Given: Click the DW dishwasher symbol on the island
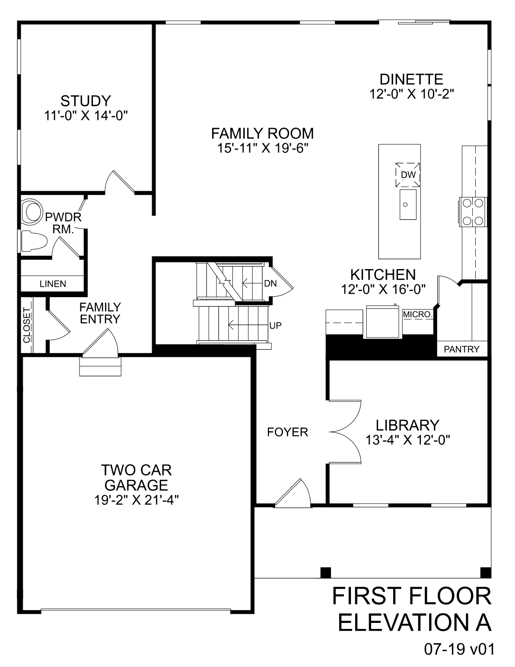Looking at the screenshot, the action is [x=408, y=175].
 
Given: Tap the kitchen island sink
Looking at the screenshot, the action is [x=408, y=205].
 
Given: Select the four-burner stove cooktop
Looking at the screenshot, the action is [x=472, y=212].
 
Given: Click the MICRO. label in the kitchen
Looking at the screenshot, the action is [x=417, y=314].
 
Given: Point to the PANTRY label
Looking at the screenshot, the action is [x=462, y=349].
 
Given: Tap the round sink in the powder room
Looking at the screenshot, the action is [x=32, y=212].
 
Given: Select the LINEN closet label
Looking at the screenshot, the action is [x=53, y=284].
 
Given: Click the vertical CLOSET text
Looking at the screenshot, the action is [x=27, y=325].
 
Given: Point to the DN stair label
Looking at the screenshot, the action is [x=270, y=284].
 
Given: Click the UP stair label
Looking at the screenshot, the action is [x=275, y=326].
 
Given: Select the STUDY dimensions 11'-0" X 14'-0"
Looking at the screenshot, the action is [x=86, y=116].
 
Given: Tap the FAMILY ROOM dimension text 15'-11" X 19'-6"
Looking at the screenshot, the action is [x=262, y=148].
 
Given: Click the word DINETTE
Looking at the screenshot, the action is [x=411, y=80].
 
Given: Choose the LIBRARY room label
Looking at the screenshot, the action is [x=407, y=426].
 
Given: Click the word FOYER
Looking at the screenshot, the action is [x=288, y=432].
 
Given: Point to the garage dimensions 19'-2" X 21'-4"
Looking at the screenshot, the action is [x=137, y=500].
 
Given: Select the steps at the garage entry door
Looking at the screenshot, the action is [x=100, y=367].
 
